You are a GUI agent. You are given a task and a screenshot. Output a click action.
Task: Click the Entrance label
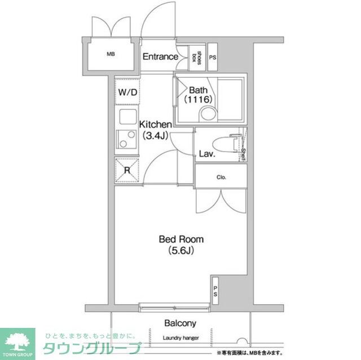pos(160,57)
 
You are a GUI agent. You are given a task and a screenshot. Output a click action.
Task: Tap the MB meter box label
pos(111,55)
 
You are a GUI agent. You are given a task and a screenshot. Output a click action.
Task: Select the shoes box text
pos(197,57)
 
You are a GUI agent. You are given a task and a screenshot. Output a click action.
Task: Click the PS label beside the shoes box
pos(213,57)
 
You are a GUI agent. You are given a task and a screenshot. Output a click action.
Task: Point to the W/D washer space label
pos(127,92)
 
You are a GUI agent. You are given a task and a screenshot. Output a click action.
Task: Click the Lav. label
pos(205,154)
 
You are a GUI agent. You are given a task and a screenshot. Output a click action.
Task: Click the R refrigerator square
pos(127,170)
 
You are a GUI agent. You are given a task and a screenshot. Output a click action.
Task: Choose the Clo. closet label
pos(221,177)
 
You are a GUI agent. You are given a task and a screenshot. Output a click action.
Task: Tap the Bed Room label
pos(180,239)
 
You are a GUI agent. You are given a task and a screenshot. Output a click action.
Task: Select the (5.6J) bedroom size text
pos(180,251)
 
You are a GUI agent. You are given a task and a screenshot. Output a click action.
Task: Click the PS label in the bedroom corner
pos(215,291)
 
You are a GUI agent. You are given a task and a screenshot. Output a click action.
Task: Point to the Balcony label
pos(180,323)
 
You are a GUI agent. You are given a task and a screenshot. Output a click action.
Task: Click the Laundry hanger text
pos(180,337)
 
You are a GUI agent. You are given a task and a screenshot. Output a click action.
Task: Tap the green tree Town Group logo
pos(17,341)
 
